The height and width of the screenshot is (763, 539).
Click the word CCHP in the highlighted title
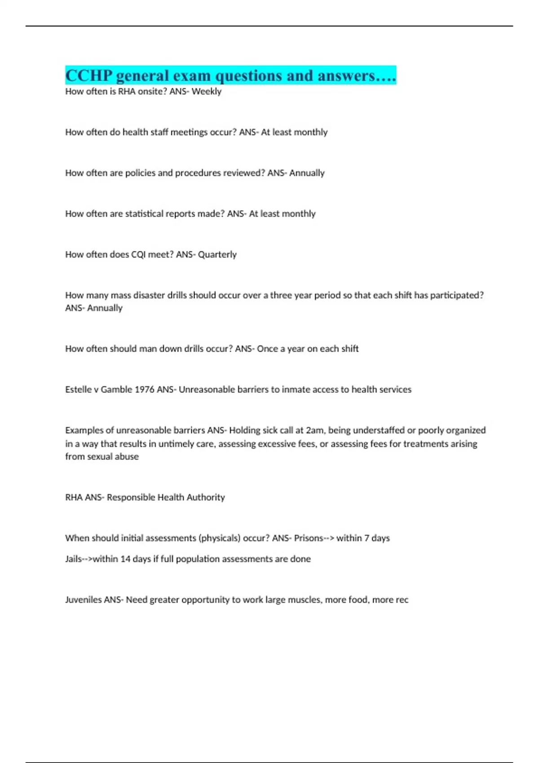click(88, 75)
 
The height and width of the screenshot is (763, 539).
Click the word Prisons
click(309, 538)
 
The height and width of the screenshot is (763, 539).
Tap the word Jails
click(73, 559)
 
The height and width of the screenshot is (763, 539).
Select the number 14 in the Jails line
click(125, 559)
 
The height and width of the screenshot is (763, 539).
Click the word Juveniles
click(83, 600)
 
